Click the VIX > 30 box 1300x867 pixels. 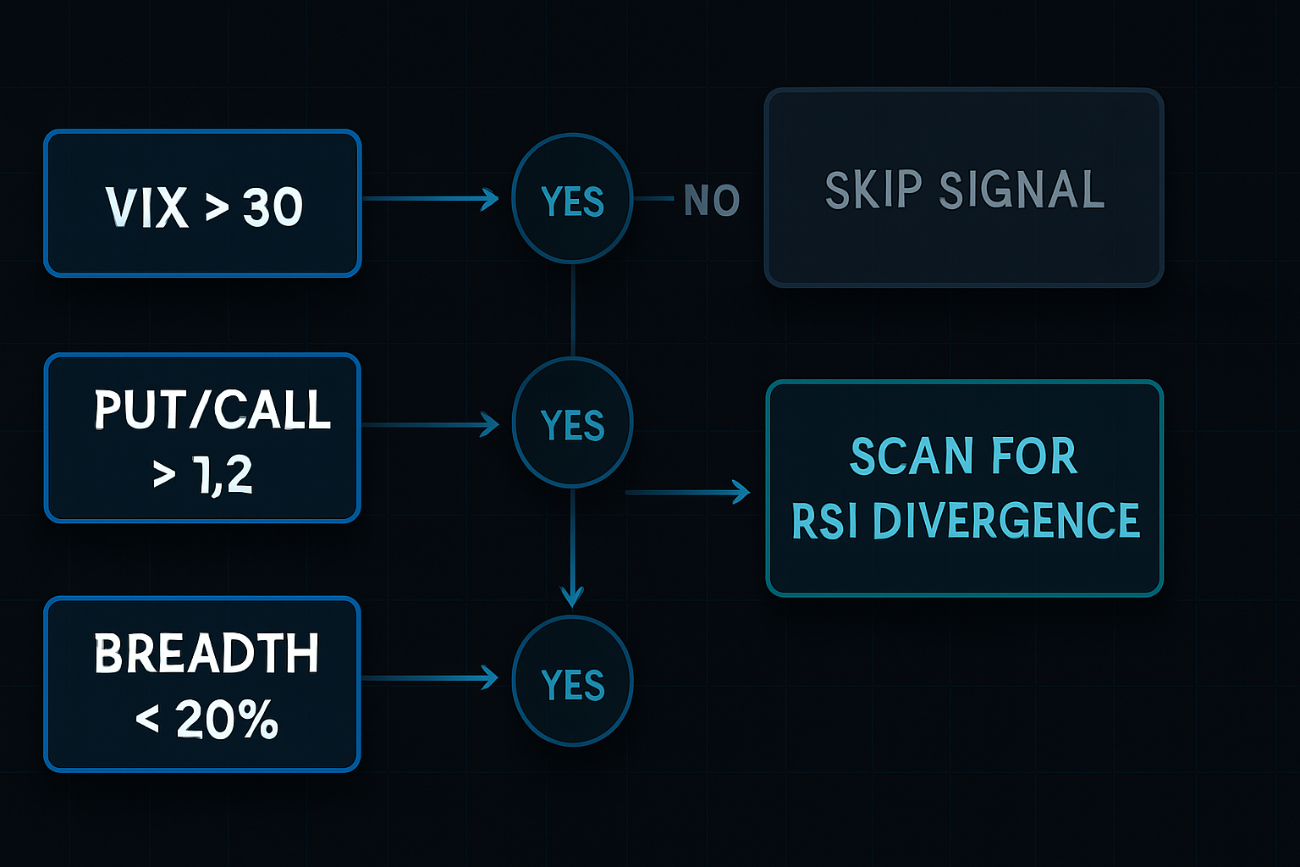pos(202,203)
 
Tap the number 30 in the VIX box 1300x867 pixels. pos(273,207)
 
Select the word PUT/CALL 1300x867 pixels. pos(212,411)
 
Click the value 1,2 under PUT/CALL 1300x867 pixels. pos(223,475)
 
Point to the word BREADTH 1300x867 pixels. pos(206,654)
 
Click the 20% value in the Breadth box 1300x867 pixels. pos(226,721)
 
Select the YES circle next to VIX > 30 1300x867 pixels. pos(572,200)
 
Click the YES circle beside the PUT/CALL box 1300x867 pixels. pos(572,422)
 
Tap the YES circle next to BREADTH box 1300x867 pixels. pos(572,682)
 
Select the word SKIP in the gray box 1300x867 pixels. pos(873,190)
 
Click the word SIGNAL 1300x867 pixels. pos(1022,190)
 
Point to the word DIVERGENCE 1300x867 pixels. pos(1005,521)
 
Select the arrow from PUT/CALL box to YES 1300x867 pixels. pos(432,424)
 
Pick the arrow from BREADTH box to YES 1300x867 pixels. pos(432,678)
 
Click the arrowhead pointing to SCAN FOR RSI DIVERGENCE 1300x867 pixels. pos(741,492)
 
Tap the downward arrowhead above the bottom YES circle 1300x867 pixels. pos(573,596)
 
